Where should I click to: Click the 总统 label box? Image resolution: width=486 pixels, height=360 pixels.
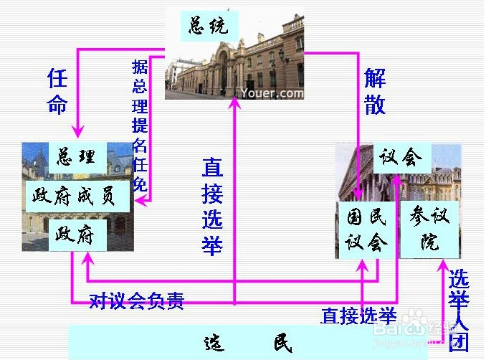pyautogui.click(x=208, y=27)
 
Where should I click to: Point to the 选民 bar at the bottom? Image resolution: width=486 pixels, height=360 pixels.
pyautogui.click(x=247, y=343)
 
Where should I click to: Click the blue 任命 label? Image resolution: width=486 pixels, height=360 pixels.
pyautogui.click(x=57, y=92)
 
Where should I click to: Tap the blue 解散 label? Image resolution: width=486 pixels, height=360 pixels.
pyautogui.click(x=375, y=92)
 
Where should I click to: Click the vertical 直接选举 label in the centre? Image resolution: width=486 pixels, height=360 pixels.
pyautogui.click(x=212, y=207)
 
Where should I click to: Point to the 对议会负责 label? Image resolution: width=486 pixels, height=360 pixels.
pyautogui.click(x=136, y=300)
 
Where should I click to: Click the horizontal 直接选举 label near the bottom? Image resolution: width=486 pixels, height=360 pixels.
pyautogui.click(x=358, y=315)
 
